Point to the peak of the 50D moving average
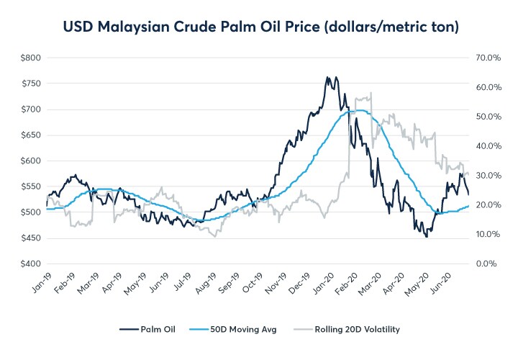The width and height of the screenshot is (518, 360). coord(358,110)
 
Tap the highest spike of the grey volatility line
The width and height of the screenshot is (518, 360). coord(371,92)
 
